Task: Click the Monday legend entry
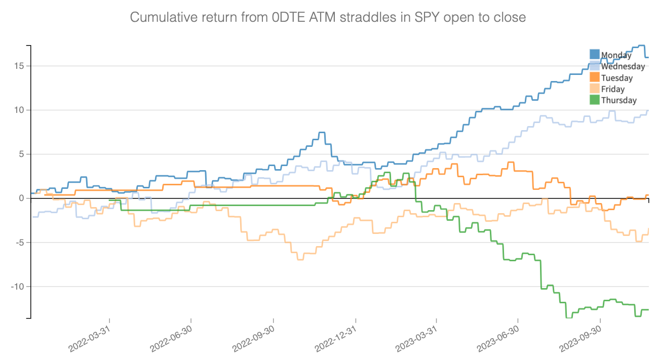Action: tap(616, 55)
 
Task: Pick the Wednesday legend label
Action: tap(623, 66)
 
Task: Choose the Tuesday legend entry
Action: tap(616, 78)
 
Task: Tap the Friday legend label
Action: tap(612, 89)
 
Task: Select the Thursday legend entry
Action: tap(619, 100)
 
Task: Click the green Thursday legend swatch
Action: tap(595, 100)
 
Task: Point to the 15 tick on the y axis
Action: tap(20, 66)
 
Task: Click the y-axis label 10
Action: tap(20, 110)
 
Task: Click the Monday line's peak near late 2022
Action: tap(321, 133)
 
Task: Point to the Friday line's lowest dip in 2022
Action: tap(300, 259)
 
